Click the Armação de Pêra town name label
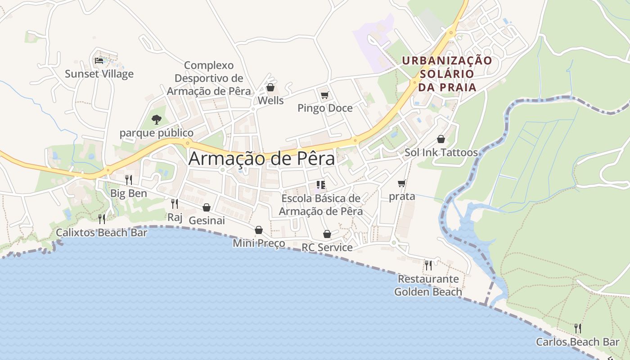point(261,159)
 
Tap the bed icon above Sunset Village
point(99,60)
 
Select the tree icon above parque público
point(156,119)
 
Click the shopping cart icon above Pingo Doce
point(324,95)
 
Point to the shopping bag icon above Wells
point(270,87)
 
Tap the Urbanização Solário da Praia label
point(447,74)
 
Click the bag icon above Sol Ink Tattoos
point(441,139)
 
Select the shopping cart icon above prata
point(402,183)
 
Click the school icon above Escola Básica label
point(321,184)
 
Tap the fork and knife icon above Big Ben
point(129,180)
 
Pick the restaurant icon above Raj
point(175,204)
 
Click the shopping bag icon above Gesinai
point(207,207)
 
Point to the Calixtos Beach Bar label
point(101,233)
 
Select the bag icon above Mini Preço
point(259,230)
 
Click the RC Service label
point(327,247)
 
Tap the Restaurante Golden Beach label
point(428,285)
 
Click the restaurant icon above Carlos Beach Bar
point(577,328)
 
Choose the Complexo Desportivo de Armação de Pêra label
point(209,78)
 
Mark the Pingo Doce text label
point(325,108)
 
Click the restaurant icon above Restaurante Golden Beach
point(428,265)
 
